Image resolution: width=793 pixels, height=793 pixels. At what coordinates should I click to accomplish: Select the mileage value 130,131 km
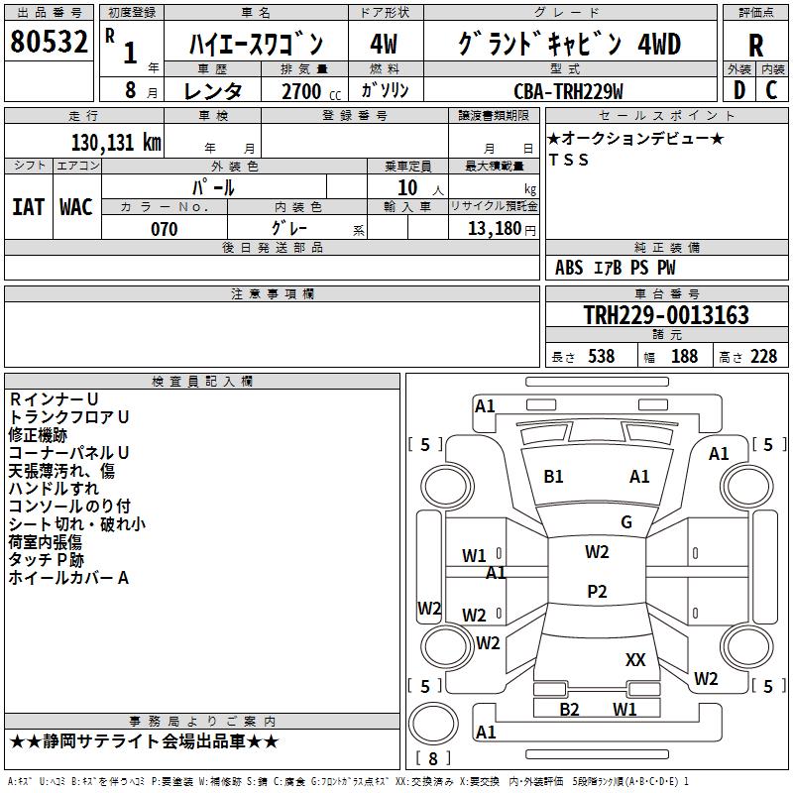click(115, 143)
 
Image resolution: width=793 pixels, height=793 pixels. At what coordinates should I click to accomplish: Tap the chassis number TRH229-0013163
click(666, 315)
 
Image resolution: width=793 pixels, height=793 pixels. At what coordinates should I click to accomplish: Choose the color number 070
click(164, 229)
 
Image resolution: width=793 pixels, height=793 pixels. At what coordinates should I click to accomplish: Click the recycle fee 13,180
click(493, 229)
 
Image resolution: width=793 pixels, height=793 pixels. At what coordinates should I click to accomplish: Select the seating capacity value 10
click(407, 187)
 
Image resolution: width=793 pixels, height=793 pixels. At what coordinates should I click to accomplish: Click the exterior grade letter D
click(738, 90)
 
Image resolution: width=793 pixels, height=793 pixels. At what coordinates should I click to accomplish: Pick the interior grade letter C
click(771, 90)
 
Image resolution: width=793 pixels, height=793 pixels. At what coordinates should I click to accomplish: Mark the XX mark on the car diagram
click(635, 659)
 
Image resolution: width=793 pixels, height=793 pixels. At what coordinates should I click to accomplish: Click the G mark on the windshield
click(626, 522)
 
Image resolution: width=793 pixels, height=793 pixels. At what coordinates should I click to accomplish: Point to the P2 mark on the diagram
click(597, 592)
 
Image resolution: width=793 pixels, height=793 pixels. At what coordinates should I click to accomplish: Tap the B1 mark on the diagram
click(553, 477)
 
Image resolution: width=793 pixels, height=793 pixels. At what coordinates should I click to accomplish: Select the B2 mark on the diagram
click(569, 709)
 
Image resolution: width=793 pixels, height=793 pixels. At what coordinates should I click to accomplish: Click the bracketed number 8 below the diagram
click(431, 759)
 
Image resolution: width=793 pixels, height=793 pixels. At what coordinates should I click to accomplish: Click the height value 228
click(763, 357)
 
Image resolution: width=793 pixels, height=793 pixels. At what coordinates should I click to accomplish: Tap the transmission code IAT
click(28, 206)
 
